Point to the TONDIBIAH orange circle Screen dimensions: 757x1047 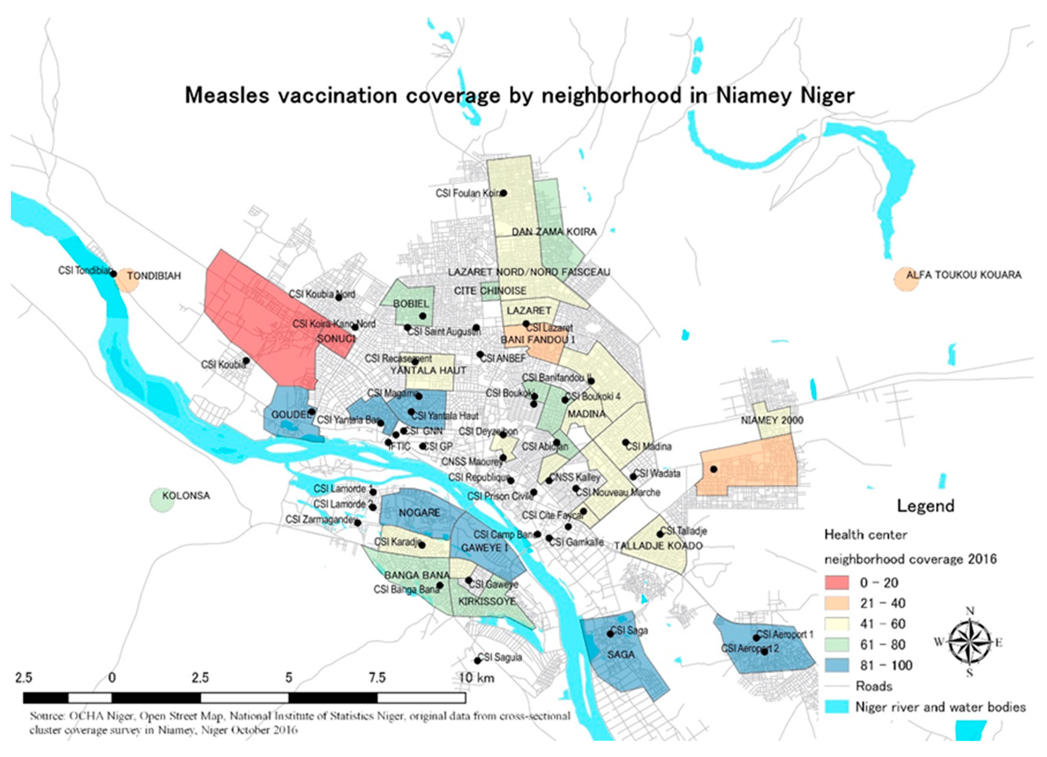(x=126, y=280)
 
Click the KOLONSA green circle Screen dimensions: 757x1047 (x=162, y=500)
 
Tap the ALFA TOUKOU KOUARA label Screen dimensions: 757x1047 (x=963, y=275)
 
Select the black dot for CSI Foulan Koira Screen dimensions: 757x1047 (x=504, y=193)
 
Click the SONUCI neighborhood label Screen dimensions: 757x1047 (x=336, y=339)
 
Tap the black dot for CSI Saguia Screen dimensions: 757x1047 (x=477, y=661)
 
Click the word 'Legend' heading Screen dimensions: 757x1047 (x=925, y=506)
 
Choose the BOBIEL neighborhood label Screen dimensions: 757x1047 (x=411, y=304)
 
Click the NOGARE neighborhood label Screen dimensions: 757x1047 (x=419, y=513)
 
